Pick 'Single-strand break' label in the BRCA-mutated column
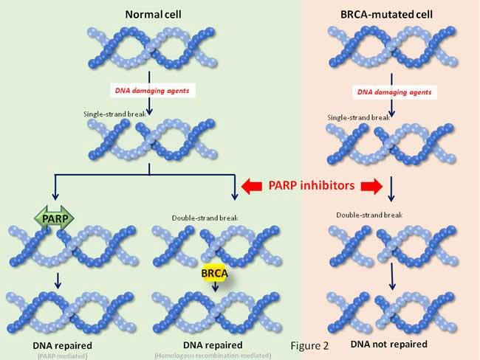tap(357, 117)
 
